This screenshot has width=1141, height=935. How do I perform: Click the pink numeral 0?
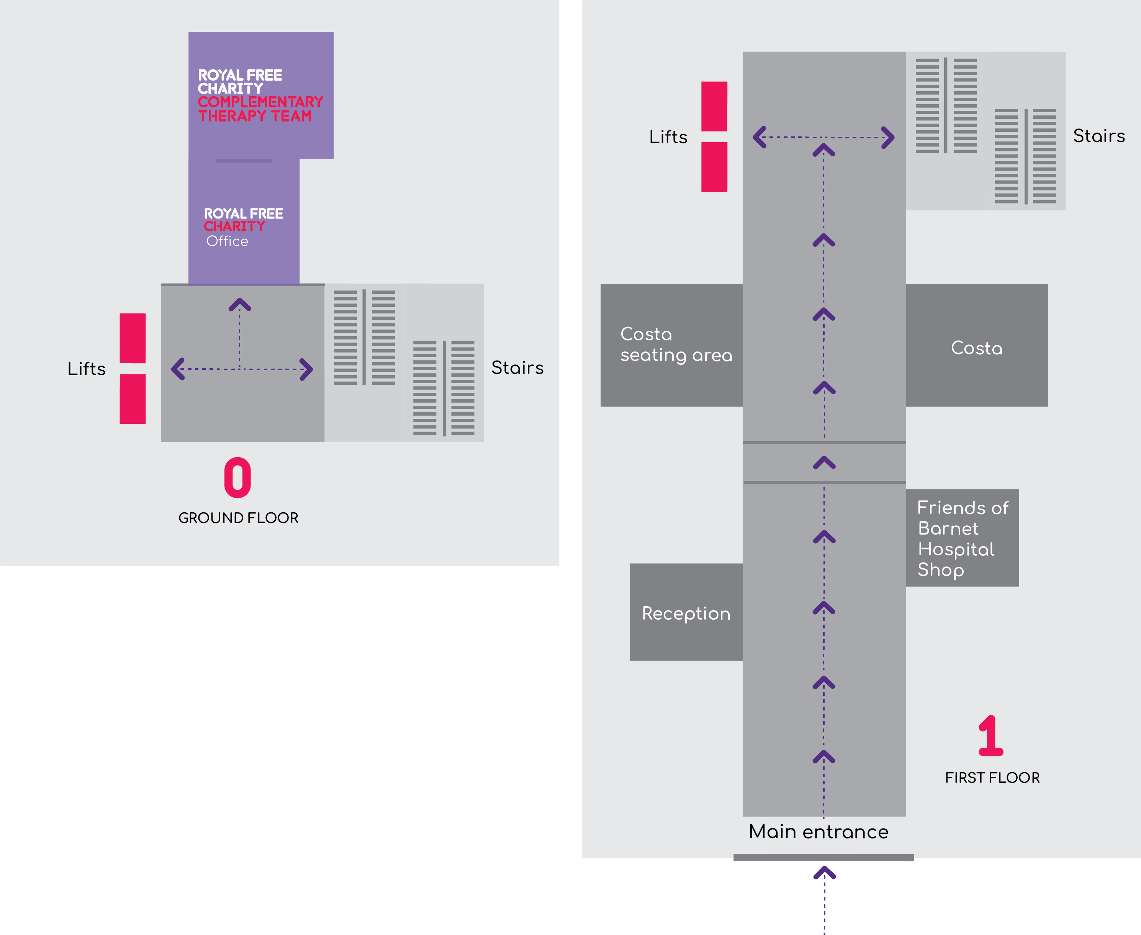pos(237,478)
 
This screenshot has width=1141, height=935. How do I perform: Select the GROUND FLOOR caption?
pos(238,518)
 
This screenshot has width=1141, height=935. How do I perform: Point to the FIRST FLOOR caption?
pos(992,778)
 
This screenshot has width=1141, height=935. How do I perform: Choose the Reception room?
pos(686,612)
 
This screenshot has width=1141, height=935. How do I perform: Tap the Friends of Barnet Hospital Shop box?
pos(962,538)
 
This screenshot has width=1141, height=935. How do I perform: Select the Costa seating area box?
pos(672,345)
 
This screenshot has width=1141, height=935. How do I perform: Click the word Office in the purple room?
pos(227,241)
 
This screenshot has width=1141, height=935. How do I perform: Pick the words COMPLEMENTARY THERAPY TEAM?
pos(260,109)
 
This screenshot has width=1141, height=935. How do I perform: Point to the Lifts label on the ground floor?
pos(87,369)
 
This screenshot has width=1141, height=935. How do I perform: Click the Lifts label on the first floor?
pos(668,137)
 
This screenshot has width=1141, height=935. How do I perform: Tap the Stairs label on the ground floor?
pos(517,368)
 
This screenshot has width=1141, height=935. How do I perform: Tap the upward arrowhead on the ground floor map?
pos(239,305)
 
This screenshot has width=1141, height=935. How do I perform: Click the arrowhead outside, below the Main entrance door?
pos(824,873)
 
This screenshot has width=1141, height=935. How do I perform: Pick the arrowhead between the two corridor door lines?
pos(824,463)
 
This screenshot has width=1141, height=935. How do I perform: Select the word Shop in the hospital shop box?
pos(940,570)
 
